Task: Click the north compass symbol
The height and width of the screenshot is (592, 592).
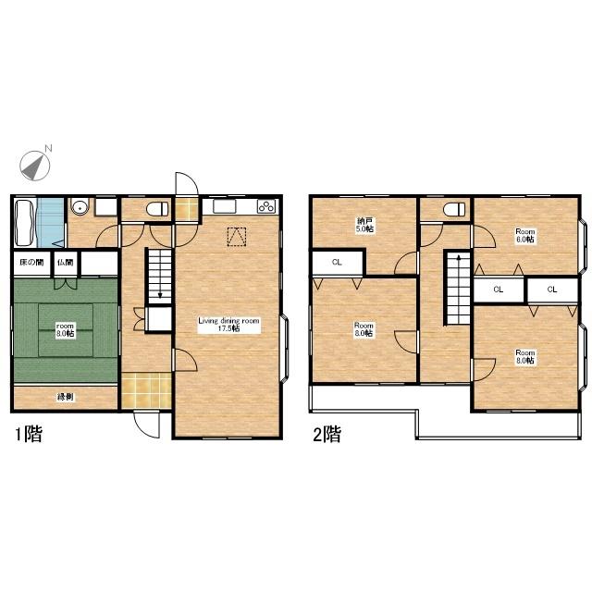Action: click(35, 166)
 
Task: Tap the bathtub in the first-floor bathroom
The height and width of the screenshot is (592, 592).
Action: click(25, 223)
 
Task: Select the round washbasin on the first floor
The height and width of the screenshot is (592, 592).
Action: click(80, 207)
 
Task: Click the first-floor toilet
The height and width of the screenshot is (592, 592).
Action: click(157, 209)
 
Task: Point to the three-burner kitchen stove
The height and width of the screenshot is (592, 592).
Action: click(266, 206)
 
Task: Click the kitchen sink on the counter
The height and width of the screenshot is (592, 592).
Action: click(224, 206)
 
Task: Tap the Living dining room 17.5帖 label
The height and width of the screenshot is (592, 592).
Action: click(228, 325)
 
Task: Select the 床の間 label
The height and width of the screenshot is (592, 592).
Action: click(31, 262)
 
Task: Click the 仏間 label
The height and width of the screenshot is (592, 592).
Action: click(66, 262)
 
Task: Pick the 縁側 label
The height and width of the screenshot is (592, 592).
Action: click(65, 397)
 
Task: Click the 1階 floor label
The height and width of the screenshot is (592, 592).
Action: click(29, 434)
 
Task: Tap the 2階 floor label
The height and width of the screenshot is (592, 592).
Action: click(327, 434)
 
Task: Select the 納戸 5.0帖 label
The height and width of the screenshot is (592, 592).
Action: click(364, 225)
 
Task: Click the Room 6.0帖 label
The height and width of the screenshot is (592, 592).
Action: click(525, 236)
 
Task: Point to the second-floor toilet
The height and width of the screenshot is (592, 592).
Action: click(455, 209)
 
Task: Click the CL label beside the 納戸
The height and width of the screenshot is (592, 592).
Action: click(337, 262)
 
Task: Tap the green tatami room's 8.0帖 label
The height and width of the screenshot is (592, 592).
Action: click(65, 330)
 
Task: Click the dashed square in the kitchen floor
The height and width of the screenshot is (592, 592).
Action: click(237, 237)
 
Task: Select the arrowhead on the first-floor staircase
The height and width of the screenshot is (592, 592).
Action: click(160, 295)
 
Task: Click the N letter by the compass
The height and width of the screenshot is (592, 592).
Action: click(48, 148)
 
